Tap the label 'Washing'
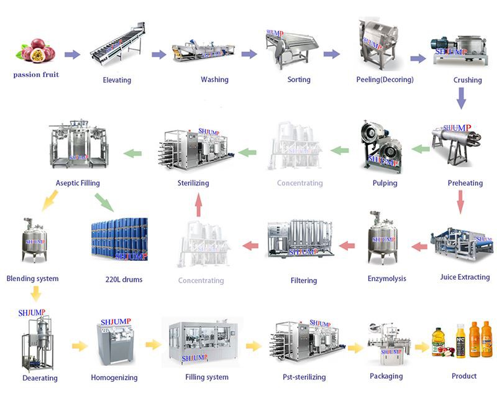pyautogui.click(x=214, y=80)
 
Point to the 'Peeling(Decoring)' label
pyautogui.click(x=385, y=80)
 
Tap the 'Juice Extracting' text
pyautogui.click(x=465, y=277)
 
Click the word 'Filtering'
pyautogui.click(x=304, y=280)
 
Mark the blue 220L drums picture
pyautogui.click(x=118, y=243)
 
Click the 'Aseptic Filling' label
pyautogui.click(x=78, y=183)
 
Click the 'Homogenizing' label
pyautogui.click(x=114, y=377)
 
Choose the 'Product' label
pyautogui.click(x=464, y=376)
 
